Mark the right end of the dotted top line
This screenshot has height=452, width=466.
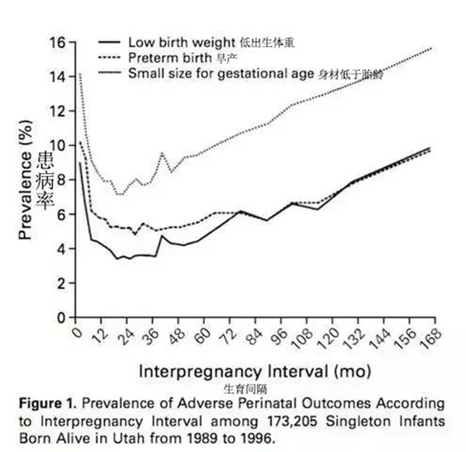pyautogui.click(x=432, y=48)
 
